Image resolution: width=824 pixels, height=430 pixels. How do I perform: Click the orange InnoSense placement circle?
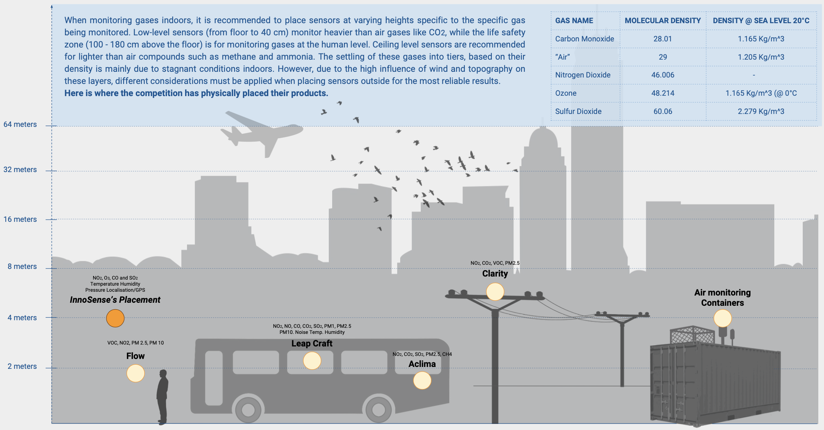pyautogui.click(x=115, y=318)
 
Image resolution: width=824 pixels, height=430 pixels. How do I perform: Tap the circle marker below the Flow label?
pyautogui.click(x=136, y=373)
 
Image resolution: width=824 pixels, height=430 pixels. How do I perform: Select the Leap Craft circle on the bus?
pyautogui.click(x=312, y=360)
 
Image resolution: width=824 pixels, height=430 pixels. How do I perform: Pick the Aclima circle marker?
pyautogui.click(x=422, y=380)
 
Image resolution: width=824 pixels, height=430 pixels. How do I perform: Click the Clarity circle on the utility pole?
pyautogui.click(x=495, y=292)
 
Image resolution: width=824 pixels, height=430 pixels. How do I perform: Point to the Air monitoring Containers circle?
pyautogui.click(x=723, y=318)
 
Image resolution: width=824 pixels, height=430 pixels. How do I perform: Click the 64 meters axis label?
pyautogui.click(x=20, y=125)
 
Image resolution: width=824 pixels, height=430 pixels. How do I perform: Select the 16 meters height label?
pyautogui.click(x=20, y=220)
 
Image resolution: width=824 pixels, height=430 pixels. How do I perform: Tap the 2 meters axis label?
pyautogui.click(x=22, y=367)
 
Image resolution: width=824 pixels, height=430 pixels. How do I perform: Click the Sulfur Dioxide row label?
pyautogui.click(x=578, y=111)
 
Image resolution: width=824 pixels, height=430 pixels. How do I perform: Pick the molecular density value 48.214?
pyautogui.click(x=663, y=93)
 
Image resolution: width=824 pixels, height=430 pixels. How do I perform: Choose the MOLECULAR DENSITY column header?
pyautogui.click(x=663, y=21)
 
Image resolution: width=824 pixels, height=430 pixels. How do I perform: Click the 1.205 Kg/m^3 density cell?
pyautogui.click(x=761, y=57)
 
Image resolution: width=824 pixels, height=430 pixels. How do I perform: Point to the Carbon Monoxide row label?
pyautogui.click(x=585, y=39)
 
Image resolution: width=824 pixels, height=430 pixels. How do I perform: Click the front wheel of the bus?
pyautogui.click(x=379, y=409)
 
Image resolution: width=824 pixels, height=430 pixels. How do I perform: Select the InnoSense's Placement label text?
pyautogui.click(x=115, y=300)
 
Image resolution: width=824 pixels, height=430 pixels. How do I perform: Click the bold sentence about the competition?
pyautogui.click(x=196, y=93)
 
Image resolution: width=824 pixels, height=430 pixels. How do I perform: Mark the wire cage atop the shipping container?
pyautogui.click(x=692, y=335)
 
